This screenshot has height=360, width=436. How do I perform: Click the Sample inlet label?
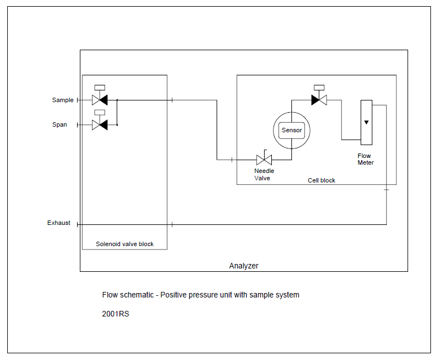[x=63, y=100]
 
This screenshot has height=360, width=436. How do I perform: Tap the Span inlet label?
[x=60, y=125]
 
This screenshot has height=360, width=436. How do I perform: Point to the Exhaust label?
[x=59, y=223]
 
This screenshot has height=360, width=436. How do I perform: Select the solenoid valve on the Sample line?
[x=99, y=100]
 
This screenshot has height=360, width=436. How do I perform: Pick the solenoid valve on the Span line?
[x=99, y=125]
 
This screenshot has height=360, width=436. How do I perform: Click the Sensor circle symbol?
[x=291, y=131]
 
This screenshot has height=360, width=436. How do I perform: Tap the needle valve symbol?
[x=263, y=160]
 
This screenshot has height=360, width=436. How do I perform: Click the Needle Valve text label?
[x=264, y=175]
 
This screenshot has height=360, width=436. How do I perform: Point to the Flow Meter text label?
[x=366, y=160]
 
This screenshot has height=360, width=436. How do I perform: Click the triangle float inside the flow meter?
[x=366, y=122]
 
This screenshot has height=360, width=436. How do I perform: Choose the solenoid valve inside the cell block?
[x=319, y=100]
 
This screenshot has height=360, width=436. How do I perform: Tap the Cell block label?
[x=322, y=181]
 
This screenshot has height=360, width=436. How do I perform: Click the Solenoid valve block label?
[x=124, y=244]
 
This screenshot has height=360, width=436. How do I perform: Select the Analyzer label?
[x=244, y=266]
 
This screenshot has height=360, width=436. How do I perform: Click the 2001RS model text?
[x=116, y=314]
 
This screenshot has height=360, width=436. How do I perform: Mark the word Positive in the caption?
[x=174, y=295]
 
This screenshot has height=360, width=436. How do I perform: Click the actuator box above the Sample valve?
[x=100, y=87]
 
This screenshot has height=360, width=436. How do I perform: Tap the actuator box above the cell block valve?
[x=319, y=87]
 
